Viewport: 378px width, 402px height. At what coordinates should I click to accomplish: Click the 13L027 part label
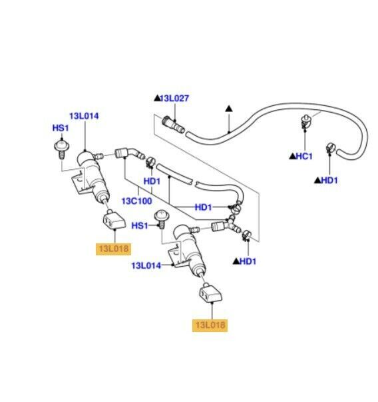[174, 98]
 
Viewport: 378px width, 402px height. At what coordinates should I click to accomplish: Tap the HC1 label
[304, 156]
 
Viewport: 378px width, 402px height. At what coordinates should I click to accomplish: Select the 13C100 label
[136, 201]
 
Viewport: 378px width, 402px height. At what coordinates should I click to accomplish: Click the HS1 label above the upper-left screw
[61, 128]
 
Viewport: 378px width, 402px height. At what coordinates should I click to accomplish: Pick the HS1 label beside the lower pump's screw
[140, 226]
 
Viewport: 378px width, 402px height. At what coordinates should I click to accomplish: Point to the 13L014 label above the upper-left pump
[84, 116]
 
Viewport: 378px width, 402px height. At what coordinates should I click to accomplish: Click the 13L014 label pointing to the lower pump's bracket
[146, 265]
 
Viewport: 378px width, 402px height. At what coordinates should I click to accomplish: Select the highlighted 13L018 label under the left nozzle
[114, 249]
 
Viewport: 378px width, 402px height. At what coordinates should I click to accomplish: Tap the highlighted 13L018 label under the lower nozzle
[210, 325]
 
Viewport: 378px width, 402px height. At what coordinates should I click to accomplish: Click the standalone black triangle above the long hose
[229, 109]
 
